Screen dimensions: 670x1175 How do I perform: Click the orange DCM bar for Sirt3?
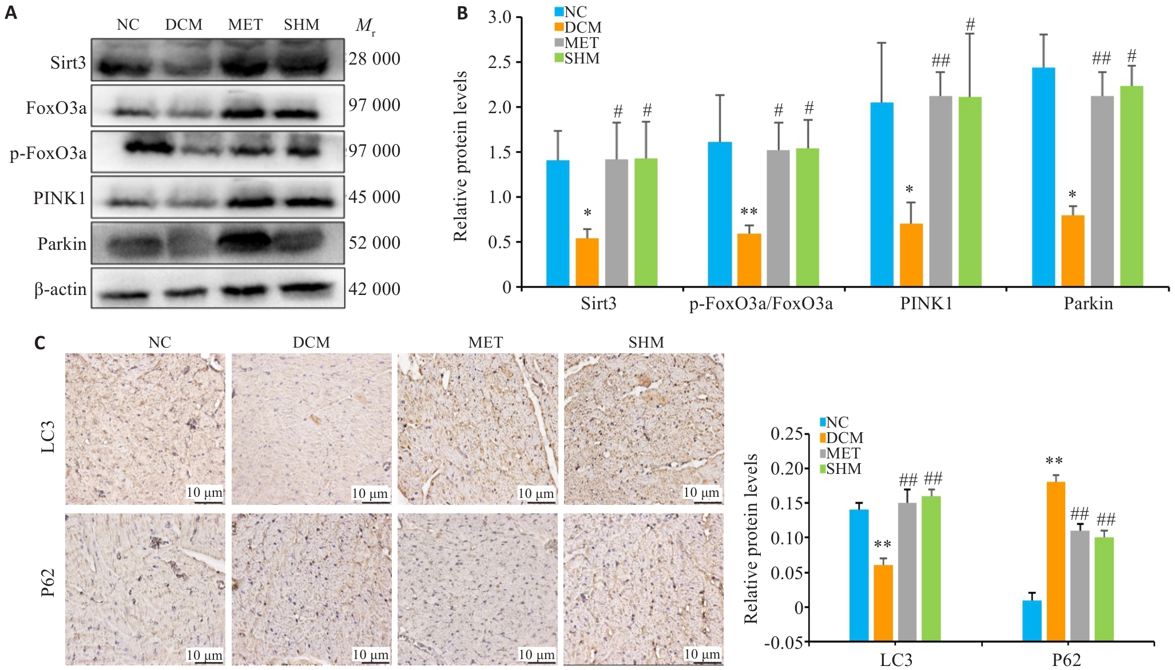[x=587, y=262]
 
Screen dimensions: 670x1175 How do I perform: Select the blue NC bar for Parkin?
[x=1043, y=177]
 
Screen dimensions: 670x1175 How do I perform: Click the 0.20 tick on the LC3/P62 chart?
[x=786, y=468]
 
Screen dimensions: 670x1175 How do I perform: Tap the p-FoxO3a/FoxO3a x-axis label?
[x=761, y=304]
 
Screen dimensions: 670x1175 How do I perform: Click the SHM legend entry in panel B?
[x=577, y=58]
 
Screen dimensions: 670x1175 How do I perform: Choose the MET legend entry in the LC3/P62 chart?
[x=839, y=453]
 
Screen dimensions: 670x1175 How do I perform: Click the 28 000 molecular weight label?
[x=374, y=58]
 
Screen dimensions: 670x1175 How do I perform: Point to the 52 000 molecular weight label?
[x=374, y=243]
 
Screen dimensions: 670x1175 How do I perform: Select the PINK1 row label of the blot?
[x=59, y=198]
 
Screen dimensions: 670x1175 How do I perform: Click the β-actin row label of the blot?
[x=60, y=289]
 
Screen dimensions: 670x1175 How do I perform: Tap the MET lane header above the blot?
[x=245, y=25]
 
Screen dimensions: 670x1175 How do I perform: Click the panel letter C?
[x=40, y=343]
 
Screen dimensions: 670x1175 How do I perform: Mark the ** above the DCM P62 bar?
[x=1054, y=461]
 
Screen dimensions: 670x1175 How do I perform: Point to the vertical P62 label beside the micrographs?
[x=48, y=583]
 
